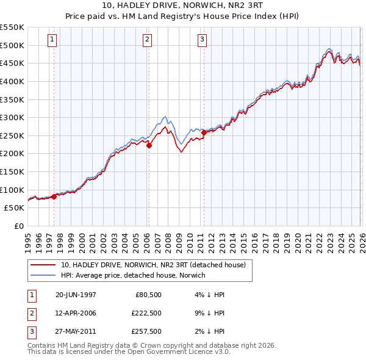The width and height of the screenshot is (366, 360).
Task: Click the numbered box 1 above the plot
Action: [52, 40]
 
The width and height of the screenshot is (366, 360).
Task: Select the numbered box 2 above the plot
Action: [148, 40]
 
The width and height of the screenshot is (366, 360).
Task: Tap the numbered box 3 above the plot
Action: [202, 40]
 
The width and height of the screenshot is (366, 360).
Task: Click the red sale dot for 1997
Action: [54, 196]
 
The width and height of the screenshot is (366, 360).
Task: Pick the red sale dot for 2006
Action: [149, 145]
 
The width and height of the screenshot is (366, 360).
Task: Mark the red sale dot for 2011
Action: [204, 132]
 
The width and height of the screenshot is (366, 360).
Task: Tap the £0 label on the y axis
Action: [18, 226]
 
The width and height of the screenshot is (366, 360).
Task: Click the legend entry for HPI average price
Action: [133, 275]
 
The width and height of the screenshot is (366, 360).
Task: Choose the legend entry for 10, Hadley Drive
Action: [152, 265]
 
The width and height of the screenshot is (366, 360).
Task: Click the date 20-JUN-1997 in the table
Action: [76, 295]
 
